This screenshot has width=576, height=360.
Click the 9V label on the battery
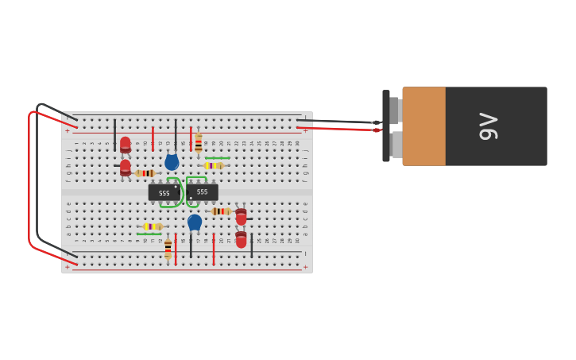pos(488,126)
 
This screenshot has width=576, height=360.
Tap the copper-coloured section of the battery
pos(423,126)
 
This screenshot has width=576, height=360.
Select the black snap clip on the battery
pos(386,126)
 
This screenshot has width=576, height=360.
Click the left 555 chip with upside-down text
pos(164,192)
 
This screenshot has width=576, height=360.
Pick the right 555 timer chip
pos(202,192)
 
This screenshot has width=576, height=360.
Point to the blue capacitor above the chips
pos(172,162)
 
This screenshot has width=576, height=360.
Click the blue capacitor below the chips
pos(195,222)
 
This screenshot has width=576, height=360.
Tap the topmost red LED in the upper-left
pos(126,144)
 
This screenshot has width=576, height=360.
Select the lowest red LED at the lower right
pos(241,239)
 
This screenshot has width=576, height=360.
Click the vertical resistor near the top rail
pos(199,144)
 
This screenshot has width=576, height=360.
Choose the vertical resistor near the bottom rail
pos(168,249)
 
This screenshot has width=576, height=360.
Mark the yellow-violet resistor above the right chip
pos(213,165)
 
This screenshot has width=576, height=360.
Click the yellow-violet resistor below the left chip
pos(152,226)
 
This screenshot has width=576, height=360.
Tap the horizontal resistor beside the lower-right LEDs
pos(220,211)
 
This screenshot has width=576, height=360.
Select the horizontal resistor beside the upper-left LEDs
pos(145,173)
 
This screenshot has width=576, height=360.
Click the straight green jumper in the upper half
pos(217,157)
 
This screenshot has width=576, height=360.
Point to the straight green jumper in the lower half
pos(149,234)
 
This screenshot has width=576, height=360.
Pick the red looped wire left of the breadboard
pos(29,183)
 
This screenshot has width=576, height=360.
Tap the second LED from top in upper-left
pos(126,168)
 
